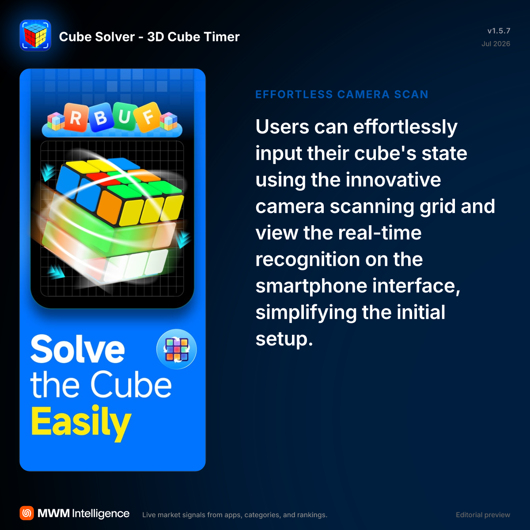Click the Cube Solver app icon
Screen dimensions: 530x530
coord(35,35)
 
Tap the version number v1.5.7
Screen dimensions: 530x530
coord(499,31)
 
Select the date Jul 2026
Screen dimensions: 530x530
coord(496,44)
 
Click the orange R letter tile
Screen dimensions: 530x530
coord(76,117)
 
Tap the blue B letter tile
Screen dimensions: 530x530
coord(100,117)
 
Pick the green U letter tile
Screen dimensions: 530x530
coord(125,116)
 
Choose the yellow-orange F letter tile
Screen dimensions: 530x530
coord(148,117)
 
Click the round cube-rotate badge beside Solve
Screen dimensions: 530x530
coord(177,349)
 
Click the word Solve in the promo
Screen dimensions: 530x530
coord(78,349)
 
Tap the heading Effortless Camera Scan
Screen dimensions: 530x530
coord(342,95)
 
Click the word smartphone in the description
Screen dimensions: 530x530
coord(311,287)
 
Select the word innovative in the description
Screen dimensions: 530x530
coord(394,180)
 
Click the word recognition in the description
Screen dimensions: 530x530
coord(308,260)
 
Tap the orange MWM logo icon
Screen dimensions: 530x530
coord(26,513)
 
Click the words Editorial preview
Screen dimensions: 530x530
coord(483,515)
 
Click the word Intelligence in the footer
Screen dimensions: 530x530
coord(101,514)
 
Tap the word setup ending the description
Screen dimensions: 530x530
coord(284,340)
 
